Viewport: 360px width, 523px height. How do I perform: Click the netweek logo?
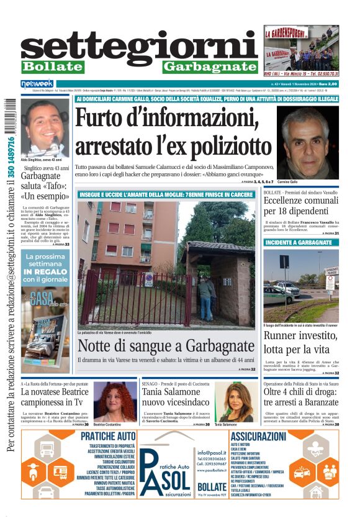[x=37, y=83]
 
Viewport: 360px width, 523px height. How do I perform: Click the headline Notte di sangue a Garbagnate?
[x=166, y=346]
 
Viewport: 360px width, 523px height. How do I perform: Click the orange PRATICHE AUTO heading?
[x=108, y=437]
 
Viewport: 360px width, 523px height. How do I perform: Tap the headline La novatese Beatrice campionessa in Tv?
[x=54, y=397]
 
